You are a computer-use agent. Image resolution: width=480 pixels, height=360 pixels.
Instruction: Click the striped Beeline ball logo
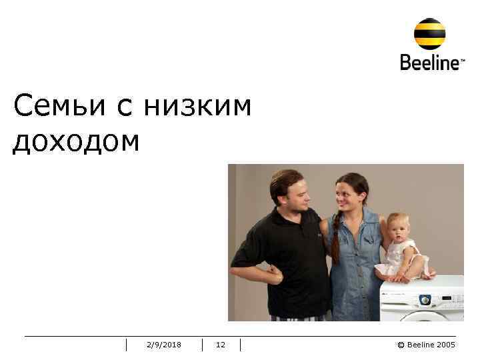430,33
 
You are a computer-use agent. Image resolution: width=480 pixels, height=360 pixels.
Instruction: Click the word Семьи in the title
59,106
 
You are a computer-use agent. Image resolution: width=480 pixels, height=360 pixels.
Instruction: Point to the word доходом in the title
76,141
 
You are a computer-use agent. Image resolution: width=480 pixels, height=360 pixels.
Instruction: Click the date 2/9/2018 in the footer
164,345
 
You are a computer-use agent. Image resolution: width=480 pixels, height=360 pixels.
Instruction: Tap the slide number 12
221,345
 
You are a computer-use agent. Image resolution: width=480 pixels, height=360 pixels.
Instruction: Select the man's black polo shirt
293,260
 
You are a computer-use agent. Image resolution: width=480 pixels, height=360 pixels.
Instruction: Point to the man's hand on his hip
273,273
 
